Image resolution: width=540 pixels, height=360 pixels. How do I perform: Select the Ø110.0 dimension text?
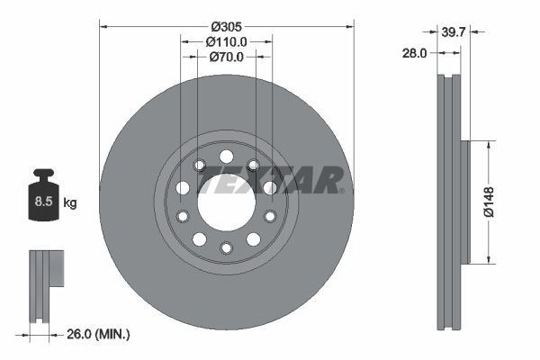[227, 41]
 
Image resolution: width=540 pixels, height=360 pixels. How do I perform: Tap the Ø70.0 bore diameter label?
[227, 57]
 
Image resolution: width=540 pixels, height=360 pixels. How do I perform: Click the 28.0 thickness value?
[414, 53]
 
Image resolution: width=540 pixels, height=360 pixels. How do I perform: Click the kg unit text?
[70, 202]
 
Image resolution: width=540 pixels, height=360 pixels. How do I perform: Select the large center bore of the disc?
[226, 202]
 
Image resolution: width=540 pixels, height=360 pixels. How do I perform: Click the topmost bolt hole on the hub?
[226, 157]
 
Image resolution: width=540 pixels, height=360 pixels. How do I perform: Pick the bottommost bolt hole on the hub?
[226, 247]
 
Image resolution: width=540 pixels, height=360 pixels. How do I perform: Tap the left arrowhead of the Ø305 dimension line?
[103, 25]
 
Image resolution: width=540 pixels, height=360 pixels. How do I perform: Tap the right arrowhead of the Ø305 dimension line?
[349, 25]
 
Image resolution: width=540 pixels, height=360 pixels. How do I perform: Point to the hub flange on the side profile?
[465, 202]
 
